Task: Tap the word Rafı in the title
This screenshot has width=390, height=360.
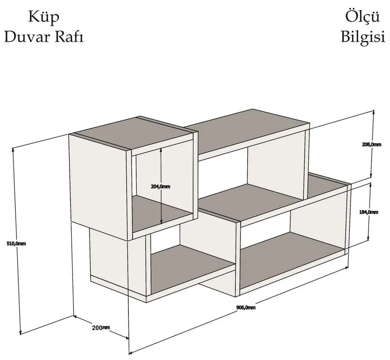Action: click(69, 37)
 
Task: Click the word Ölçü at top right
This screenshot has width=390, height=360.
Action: click(362, 17)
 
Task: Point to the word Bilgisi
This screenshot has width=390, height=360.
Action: click(363, 37)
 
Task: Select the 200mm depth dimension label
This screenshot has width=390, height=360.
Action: click(101, 328)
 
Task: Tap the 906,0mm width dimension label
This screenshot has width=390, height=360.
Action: click(246, 307)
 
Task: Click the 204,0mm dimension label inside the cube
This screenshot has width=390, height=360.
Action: click(161, 186)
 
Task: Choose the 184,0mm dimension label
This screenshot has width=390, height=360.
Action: click(369, 212)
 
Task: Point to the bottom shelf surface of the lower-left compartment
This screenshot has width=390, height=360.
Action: click(193, 269)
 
